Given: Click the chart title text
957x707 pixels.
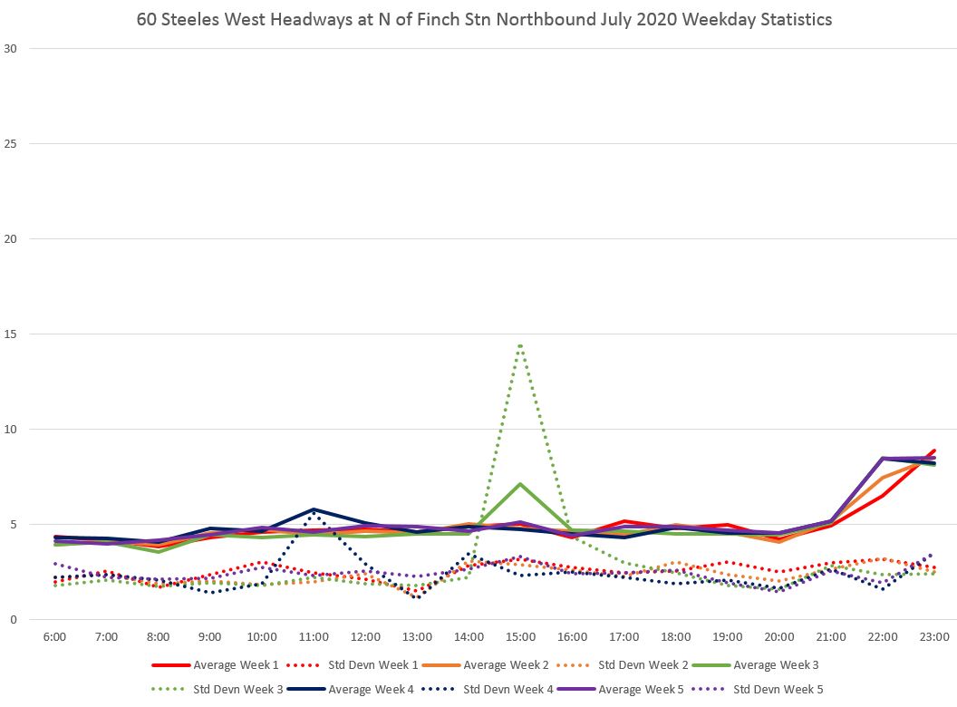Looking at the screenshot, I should point(484,19).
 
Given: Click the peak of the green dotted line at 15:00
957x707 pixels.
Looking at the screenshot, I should point(520,344).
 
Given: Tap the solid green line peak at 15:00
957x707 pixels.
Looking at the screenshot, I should point(520,484).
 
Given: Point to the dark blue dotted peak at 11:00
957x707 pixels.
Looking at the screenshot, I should point(314,513).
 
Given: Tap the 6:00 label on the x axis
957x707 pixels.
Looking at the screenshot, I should point(54,638).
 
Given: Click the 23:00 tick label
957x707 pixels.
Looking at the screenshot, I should point(934,638).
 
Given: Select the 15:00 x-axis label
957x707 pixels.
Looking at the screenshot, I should point(520,638).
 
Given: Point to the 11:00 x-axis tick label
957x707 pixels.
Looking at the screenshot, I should point(314,638).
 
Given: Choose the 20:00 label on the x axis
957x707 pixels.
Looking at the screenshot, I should point(779,638).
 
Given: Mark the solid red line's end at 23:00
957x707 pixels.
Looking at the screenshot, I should point(934,450).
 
